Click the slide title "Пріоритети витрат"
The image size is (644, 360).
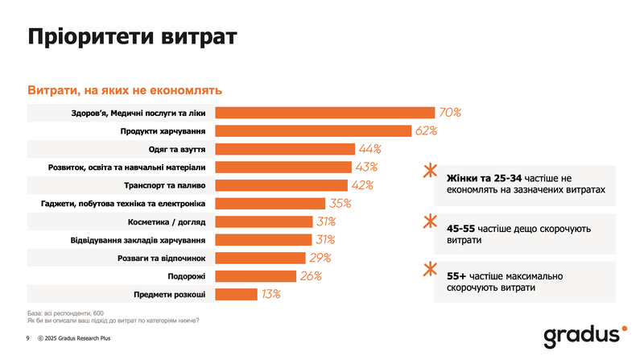132,37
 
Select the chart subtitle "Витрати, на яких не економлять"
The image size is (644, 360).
125,90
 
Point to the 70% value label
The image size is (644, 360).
449,113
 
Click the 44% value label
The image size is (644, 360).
370,149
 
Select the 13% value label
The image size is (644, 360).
270,295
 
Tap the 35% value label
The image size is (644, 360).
341,204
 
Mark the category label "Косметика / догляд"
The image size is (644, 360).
167,221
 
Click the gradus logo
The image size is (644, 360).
581,335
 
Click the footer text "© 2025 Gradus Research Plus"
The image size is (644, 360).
80,339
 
